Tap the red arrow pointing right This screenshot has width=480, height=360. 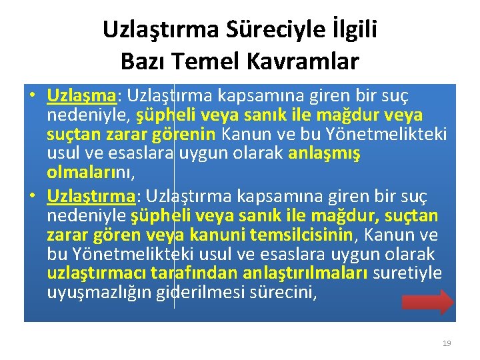428,302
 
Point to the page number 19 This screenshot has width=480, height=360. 447,343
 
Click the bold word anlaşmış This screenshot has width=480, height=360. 324,153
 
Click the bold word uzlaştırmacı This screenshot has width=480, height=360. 97,273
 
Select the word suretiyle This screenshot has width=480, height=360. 408,273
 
